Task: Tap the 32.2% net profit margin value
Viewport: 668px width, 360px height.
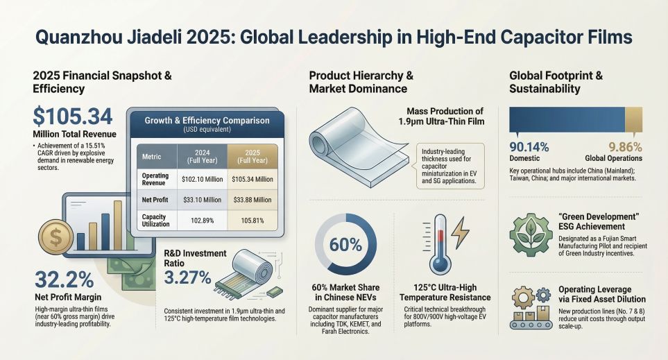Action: (63, 280)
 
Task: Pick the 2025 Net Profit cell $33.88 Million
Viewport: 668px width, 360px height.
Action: (252, 199)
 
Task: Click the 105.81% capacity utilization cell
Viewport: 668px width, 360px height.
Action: (252, 221)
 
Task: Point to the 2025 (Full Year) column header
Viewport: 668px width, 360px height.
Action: (252, 156)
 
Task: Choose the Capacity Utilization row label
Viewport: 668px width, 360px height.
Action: (155, 221)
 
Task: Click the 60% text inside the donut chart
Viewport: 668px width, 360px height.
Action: (345, 246)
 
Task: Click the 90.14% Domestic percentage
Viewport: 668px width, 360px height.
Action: (529, 147)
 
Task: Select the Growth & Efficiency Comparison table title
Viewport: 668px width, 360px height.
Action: (207, 120)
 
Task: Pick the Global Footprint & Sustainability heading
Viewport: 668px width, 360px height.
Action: (555, 82)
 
